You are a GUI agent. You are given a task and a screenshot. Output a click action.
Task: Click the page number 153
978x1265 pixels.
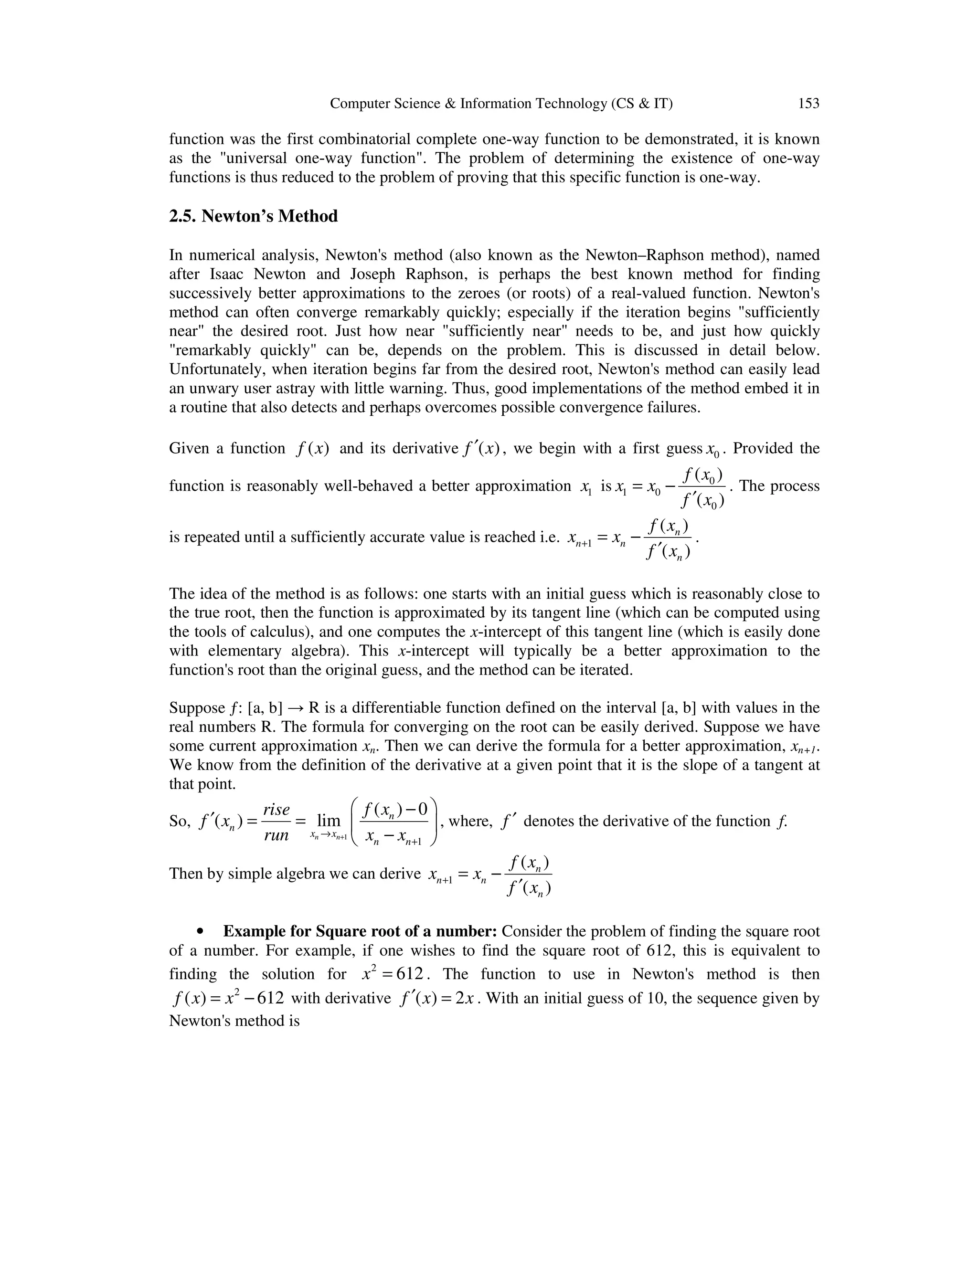[808, 104]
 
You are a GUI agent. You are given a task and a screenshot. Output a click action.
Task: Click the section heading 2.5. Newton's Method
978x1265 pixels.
[253, 217]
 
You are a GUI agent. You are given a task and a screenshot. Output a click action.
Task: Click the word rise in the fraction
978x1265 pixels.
[276, 809]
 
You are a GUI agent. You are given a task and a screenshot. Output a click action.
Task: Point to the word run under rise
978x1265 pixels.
[276, 834]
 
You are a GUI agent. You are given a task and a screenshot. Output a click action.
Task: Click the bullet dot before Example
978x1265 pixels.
[201, 932]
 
